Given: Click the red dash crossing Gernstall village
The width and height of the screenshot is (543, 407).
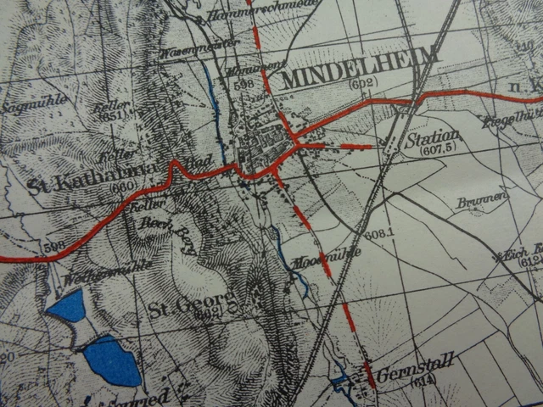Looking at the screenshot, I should [369, 374].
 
